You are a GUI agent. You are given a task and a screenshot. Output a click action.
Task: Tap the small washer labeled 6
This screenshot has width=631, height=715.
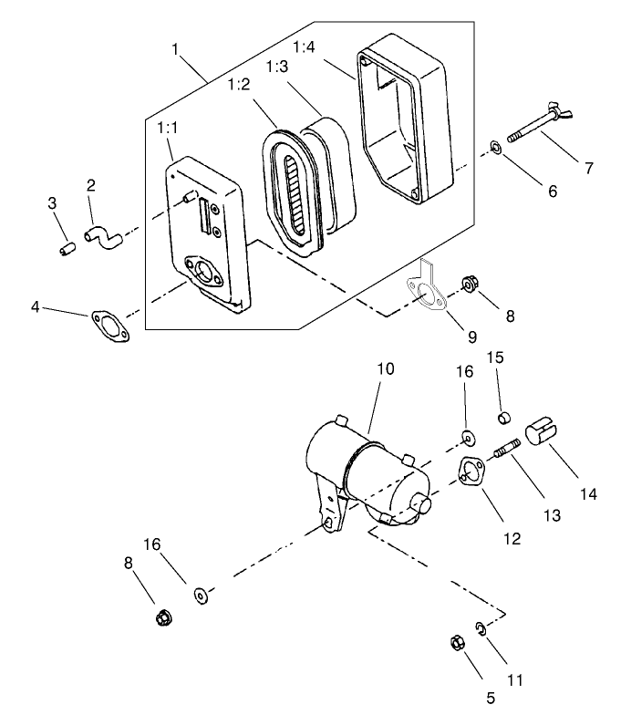click(494, 146)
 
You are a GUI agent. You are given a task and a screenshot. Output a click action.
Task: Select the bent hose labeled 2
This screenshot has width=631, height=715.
click(104, 239)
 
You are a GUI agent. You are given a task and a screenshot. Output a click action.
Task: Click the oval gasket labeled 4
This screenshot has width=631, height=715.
click(109, 326)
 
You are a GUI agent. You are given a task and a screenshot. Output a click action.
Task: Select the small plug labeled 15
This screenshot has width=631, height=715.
click(502, 419)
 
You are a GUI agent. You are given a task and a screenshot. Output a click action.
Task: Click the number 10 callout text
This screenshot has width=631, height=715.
click(385, 369)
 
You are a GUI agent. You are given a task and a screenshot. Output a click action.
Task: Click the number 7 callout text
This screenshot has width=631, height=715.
click(589, 168)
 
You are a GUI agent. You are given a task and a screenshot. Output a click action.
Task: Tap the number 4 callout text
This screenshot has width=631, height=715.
click(35, 307)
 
